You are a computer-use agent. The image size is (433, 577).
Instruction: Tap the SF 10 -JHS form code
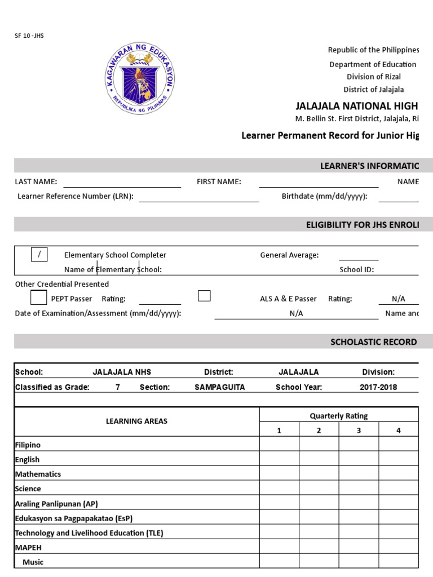(x=29, y=35)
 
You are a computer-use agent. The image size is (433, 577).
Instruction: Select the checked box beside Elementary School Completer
(x=39, y=254)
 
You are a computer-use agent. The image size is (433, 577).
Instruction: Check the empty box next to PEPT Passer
(x=39, y=297)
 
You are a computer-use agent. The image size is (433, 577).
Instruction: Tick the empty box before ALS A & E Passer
(x=204, y=296)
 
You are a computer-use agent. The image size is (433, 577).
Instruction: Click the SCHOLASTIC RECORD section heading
(x=373, y=341)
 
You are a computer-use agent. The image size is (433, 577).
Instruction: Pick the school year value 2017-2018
(x=378, y=387)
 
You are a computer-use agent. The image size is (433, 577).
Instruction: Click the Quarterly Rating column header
(x=338, y=416)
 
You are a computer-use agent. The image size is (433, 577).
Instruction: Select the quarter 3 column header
(x=359, y=430)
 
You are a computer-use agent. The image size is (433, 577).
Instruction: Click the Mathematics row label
(x=38, y=474)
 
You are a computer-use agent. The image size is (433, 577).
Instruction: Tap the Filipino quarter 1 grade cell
(x=279, y=445)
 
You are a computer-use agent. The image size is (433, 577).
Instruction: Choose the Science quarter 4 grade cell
(x=398, y=489)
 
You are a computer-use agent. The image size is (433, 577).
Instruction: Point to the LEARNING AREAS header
(x=136, y=421)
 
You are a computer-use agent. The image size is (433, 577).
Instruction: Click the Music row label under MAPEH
(x=33, y=562)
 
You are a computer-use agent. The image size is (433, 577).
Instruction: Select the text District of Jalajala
(x=373, y=90)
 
